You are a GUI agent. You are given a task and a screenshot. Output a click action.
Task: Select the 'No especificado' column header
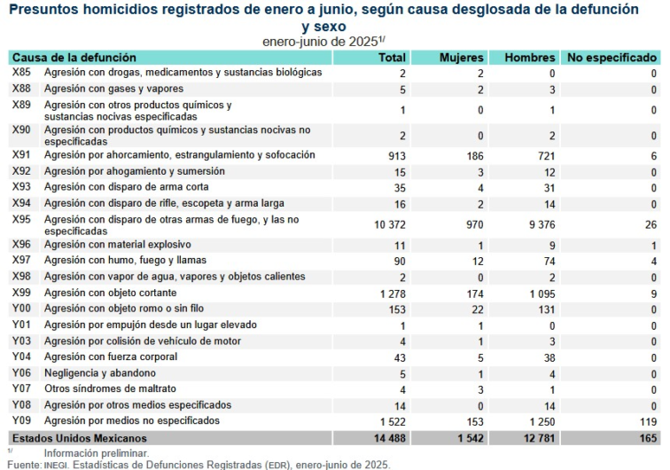pyautogui.click(x=612, y=57)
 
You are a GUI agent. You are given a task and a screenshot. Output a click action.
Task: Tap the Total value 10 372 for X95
pyautogui.click(x=387, y=225)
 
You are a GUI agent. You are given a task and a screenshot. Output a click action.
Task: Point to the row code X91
pyautogui.click(x=21, y=155)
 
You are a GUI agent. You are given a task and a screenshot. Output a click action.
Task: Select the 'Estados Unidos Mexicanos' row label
pyautogui.click(x=79, y=438)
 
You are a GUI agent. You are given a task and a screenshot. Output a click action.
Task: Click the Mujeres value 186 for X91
pyautogui.click(x=474, y=155)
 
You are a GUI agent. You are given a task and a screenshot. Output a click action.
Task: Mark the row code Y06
pyautogui.click(x=21, y=373)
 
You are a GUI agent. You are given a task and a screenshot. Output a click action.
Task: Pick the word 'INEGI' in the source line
pyautogui.click(x=58, y=464)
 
